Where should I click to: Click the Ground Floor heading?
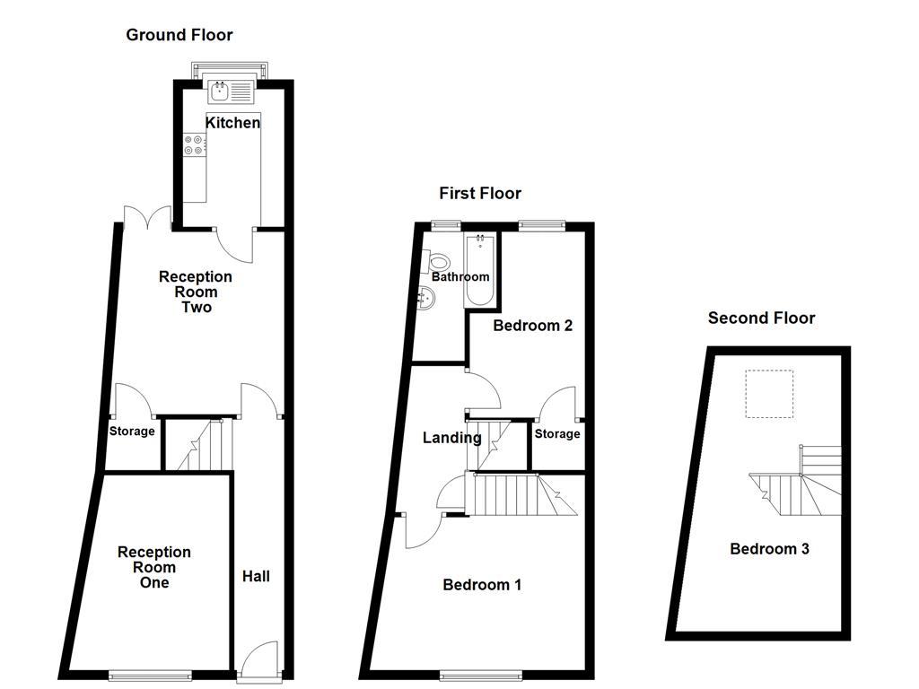179,35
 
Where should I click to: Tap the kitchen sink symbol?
232,90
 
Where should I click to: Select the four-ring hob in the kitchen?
194,144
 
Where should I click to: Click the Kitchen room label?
233,123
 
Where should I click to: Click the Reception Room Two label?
196,292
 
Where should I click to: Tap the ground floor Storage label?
132,432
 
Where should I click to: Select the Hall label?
256,576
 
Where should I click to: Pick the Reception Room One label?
154,567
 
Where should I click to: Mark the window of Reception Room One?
150,675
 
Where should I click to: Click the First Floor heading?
480,193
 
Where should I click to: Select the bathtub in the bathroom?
480,271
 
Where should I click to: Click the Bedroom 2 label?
533,326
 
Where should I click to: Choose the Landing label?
452,438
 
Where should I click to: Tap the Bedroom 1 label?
482,585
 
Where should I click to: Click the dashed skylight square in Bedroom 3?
770,395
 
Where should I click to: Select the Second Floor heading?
761,318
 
